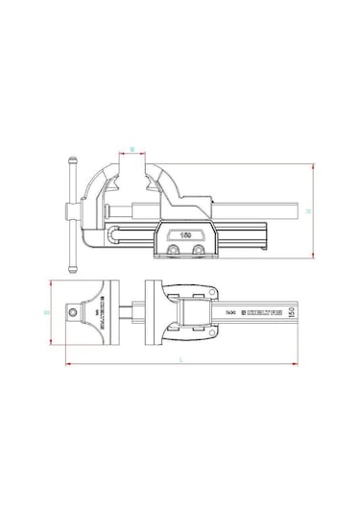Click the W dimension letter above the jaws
pos(132,150)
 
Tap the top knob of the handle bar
pos(70,159)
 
